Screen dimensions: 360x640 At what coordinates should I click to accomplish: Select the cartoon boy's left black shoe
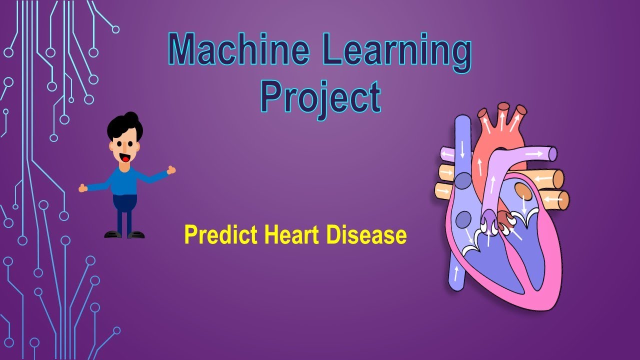(112, 234)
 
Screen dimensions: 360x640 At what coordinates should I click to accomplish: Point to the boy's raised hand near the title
(171, 170)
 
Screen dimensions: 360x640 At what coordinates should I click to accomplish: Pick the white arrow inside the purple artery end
(534, 154)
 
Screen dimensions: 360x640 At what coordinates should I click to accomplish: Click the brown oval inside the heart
(522, 191)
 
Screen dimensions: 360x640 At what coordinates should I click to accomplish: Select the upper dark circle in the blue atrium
(463, 180)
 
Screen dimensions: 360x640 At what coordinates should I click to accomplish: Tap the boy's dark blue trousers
(124, 205)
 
